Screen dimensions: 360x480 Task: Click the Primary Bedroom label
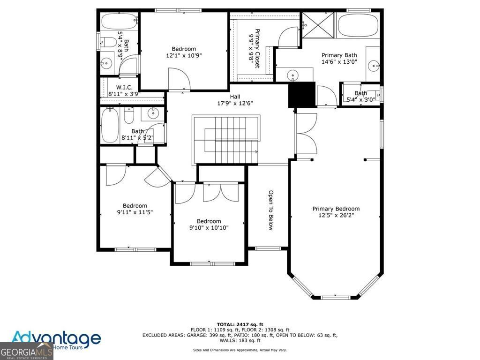click(x=336, y=209)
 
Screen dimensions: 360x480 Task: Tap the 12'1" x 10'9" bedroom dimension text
click(x=183, y=55)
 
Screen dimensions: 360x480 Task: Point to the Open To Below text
click(x=270, y=210)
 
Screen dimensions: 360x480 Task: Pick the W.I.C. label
click(x=124, y=88)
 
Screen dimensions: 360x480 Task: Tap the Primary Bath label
click(x=339, y=55)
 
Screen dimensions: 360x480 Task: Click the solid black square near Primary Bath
click(x=300, y=94)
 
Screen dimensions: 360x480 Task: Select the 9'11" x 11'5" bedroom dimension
click(x=135, y=212)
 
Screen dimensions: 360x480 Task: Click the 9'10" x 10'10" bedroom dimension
click(x=209, y=228)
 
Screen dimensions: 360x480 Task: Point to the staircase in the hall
click(x=227, y=140)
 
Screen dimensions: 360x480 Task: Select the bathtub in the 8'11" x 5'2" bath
click(x=110, y=125)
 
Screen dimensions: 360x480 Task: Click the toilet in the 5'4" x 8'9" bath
click(x=109, y=43)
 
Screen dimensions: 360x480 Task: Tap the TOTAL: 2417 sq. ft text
click(x=240, y=324)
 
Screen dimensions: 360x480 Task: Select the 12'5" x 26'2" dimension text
click(x=336, y=216)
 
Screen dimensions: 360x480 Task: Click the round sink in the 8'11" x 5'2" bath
click(x=153, y=112)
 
